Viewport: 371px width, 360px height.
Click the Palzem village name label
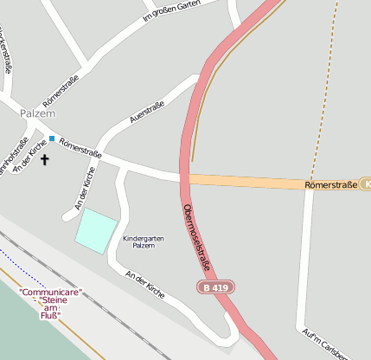pos(37,113)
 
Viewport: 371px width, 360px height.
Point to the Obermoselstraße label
pos(198,237)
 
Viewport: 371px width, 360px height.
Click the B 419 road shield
pos(216,286)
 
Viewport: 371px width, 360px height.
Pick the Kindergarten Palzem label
pos(143,241)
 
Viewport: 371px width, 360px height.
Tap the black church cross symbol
pos(45,159)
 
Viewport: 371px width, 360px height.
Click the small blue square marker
pos(52,138)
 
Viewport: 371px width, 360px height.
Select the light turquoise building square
pos(96,230)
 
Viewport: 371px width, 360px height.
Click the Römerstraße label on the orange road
pos(330,184)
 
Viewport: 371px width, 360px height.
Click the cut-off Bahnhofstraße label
pos(12,156)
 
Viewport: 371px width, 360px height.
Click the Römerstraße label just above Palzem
pos(61,91)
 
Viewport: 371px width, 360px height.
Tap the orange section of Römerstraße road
pos(259,182)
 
